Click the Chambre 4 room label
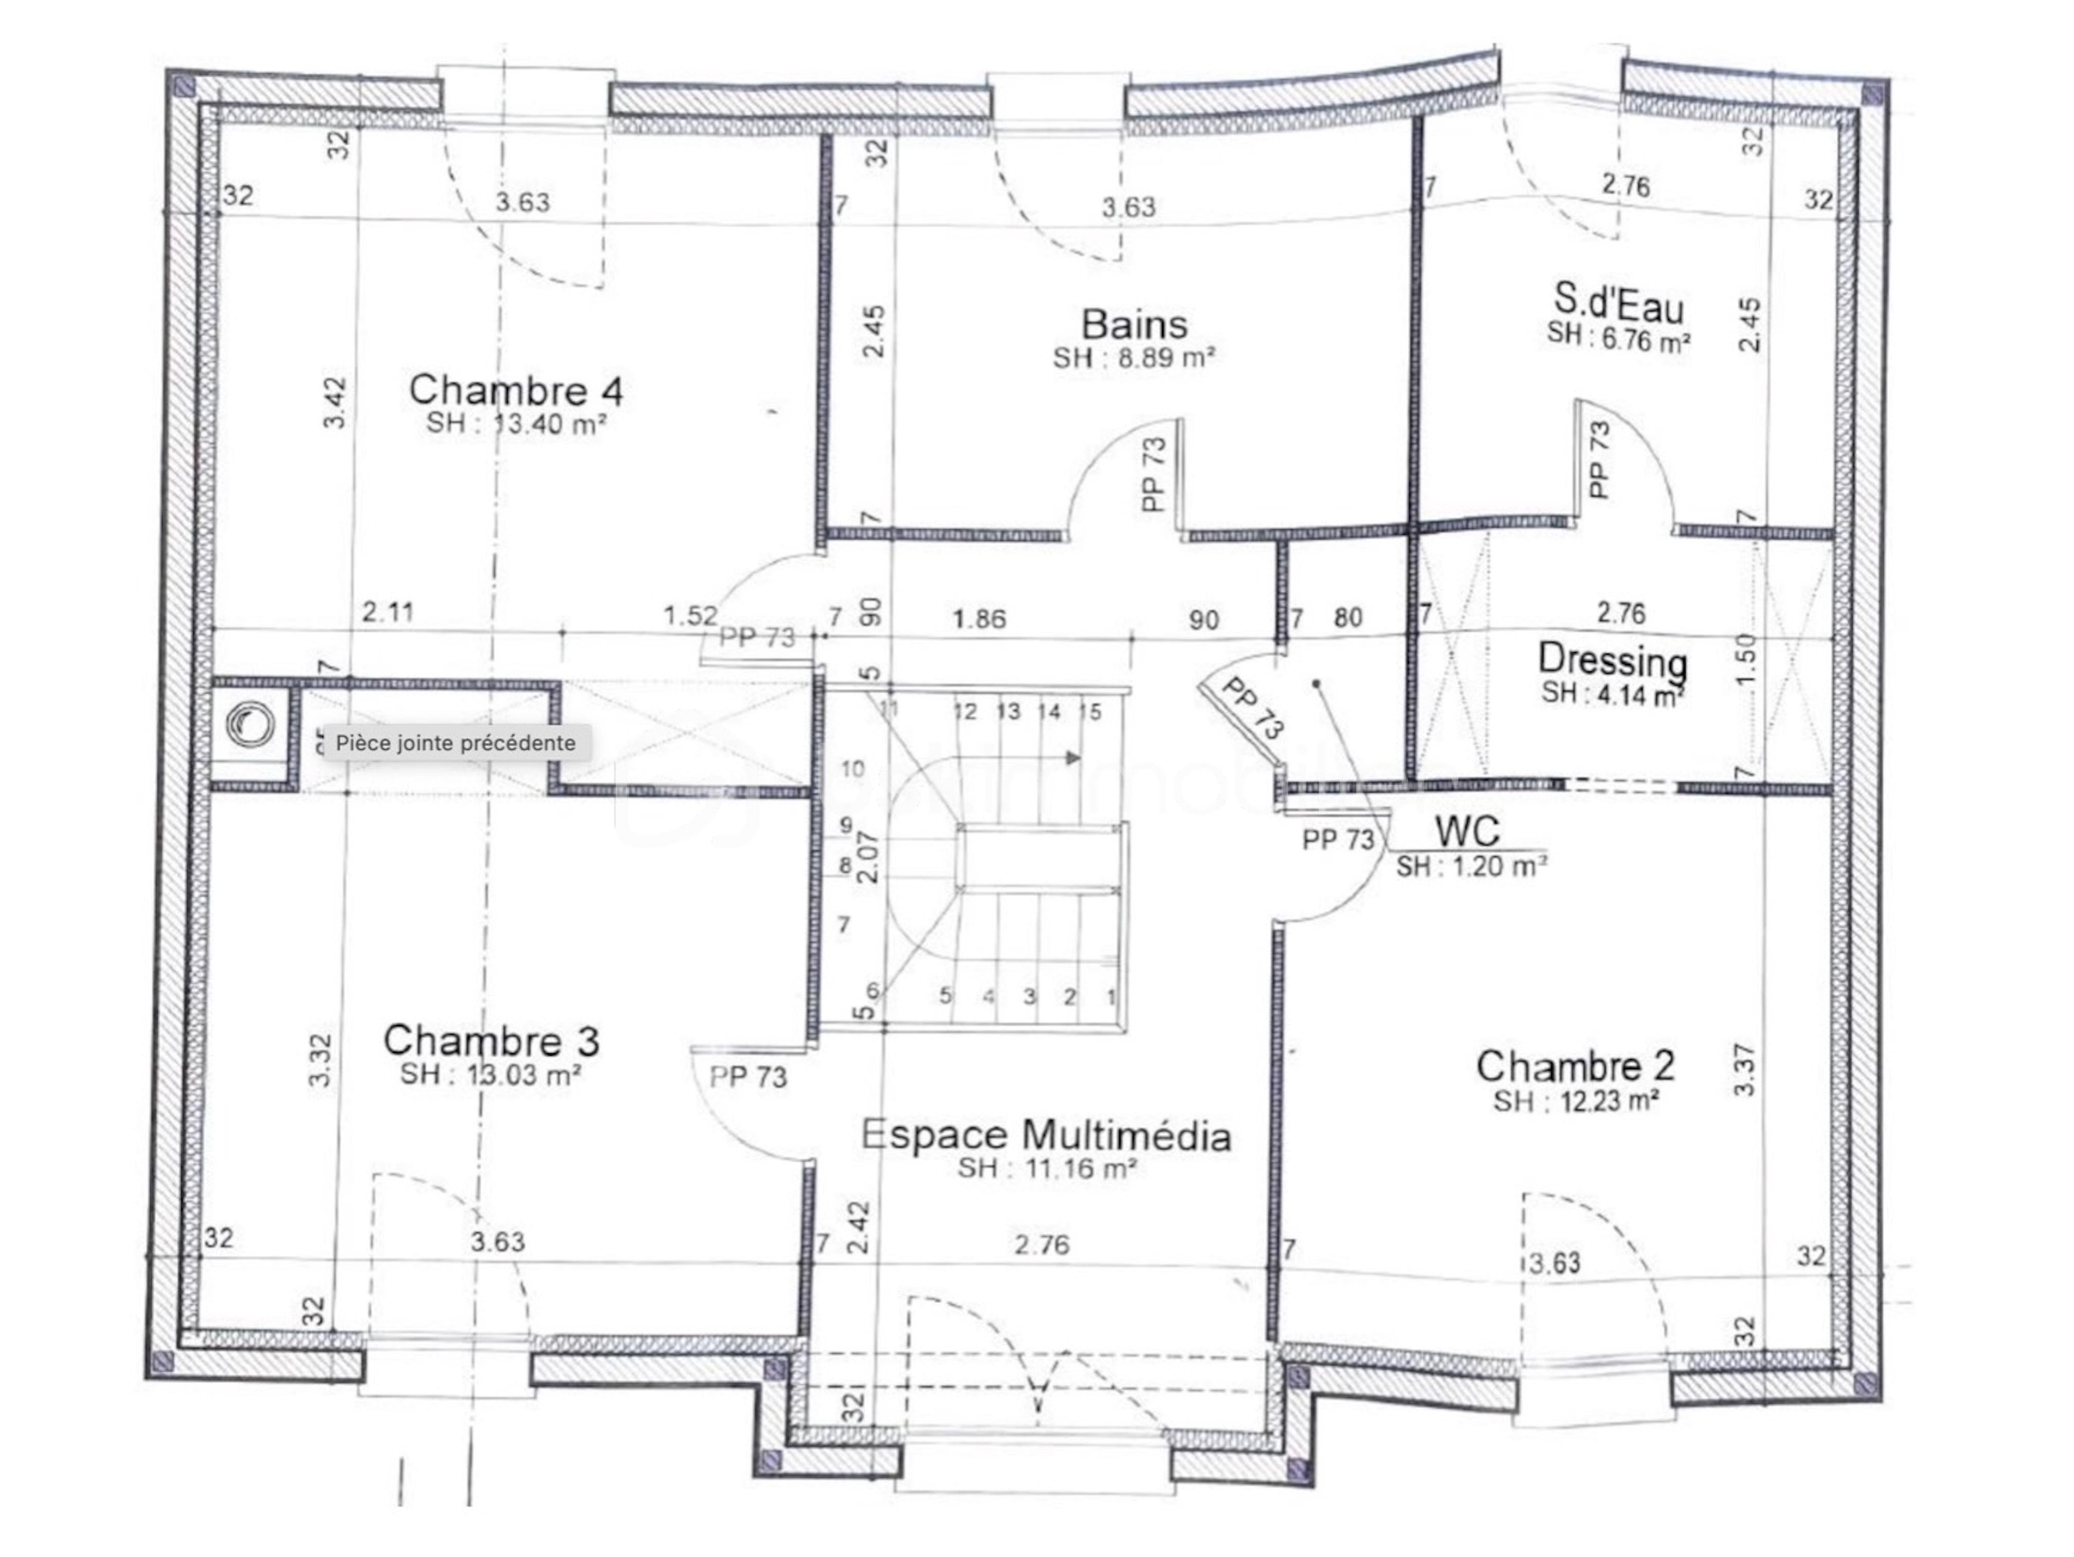click(x=516, y=389)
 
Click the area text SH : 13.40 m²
click(x=516, y=424)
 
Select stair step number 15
click(x=1089, y=712)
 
